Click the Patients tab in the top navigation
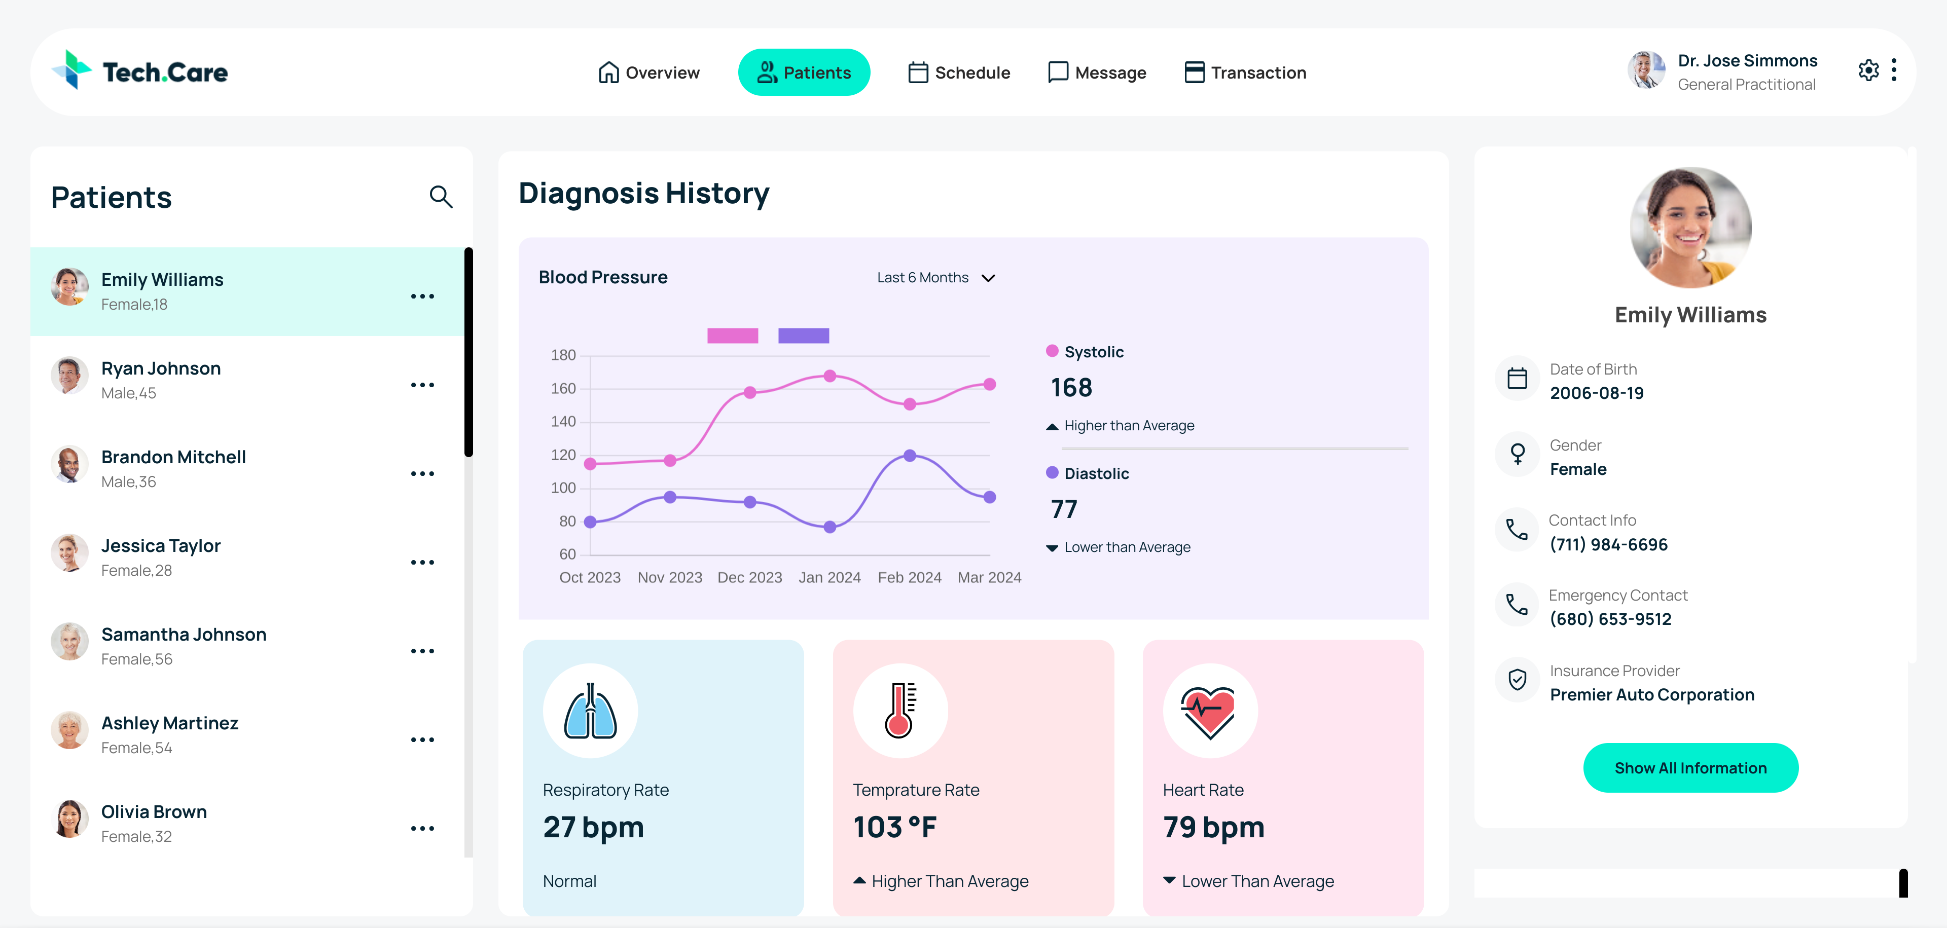pos(804,72)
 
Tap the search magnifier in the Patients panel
pos(441,197)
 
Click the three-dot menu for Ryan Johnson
pos(422,385)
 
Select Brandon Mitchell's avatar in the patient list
pos(69,464)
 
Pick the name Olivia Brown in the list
pos(154,811)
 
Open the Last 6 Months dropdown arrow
pos(988,278)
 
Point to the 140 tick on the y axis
pos(563,422)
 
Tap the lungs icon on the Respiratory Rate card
pos(590,711)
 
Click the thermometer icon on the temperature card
pos(900,711)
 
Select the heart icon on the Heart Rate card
pos(1209,711)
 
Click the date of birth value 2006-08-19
pos(1596,393)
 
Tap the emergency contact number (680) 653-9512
pos(1610,619)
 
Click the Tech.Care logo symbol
pos(72,70)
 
